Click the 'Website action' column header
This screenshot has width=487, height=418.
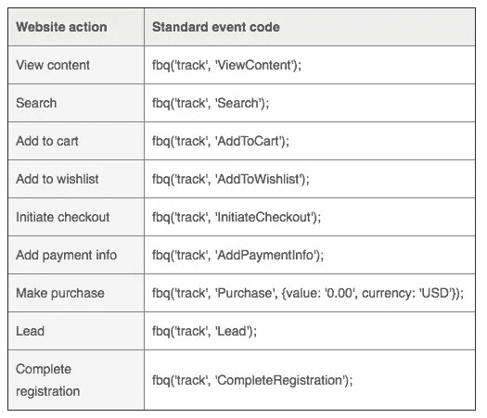coord(61,27)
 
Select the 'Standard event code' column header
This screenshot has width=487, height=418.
coord(216,27)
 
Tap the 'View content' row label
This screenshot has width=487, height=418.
coord(53,65)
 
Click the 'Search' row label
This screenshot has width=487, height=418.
coord(36,103)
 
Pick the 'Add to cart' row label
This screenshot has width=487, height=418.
coord(47,141)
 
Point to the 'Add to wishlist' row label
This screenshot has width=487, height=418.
coord(58,179)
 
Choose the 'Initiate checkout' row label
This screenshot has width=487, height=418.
coord(63,217)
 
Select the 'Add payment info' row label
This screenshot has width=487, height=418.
coord(67,256)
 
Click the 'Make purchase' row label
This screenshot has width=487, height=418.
coord(60,293)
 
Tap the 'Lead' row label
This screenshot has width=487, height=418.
coord(30,331)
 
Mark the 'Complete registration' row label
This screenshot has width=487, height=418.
coord(48,380)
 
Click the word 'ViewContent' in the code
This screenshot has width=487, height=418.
coord(255,65)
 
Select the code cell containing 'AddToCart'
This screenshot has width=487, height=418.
coord(310,141)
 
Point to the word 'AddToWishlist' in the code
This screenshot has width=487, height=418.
coord(259,179)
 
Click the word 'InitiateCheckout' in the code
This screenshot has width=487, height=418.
coord(264,217)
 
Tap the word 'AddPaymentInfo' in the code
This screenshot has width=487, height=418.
coord(266,256)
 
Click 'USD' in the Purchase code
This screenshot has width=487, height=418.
coord(435,293)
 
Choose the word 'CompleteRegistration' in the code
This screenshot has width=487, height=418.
coord(280,380)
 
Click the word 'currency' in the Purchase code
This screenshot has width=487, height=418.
coord(388,294)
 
